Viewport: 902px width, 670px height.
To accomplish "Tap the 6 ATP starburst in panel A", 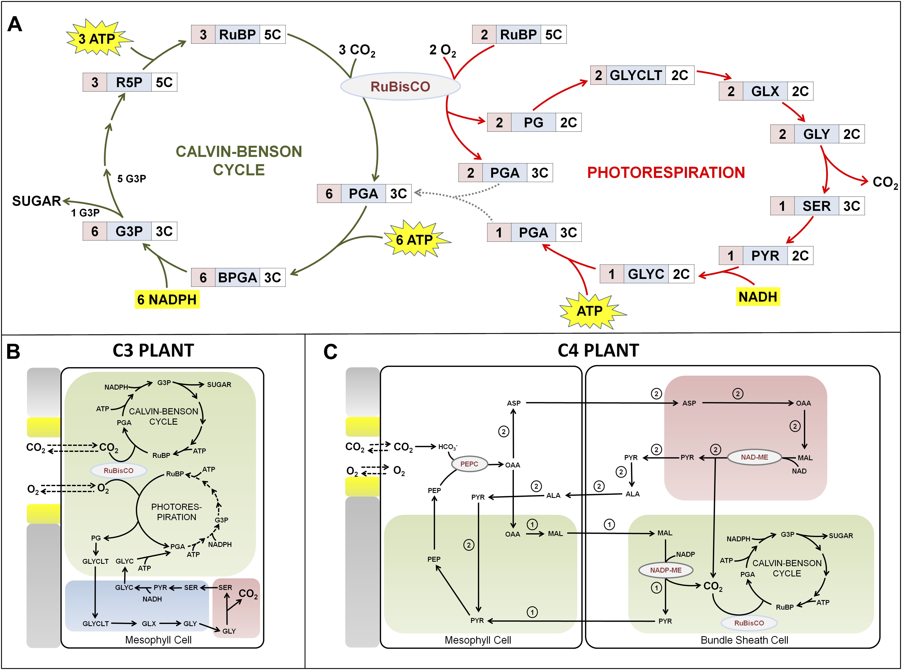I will coord(415,240).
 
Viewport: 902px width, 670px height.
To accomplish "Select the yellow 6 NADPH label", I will coord(167,300).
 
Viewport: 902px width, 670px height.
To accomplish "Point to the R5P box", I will coord(130,82).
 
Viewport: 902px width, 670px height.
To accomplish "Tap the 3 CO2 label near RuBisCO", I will coord(357,50).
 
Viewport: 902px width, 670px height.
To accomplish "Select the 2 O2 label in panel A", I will coord(442,50).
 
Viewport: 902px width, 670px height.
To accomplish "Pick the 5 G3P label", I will coord(131,179).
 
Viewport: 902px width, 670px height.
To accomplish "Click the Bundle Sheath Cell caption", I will coord(744,640).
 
